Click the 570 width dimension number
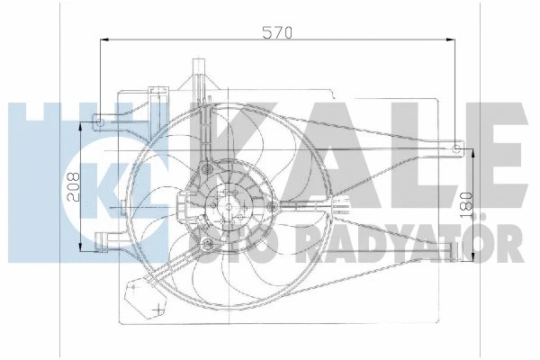click(x=278, y=32)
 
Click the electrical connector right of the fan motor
click(x=344, y=205)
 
